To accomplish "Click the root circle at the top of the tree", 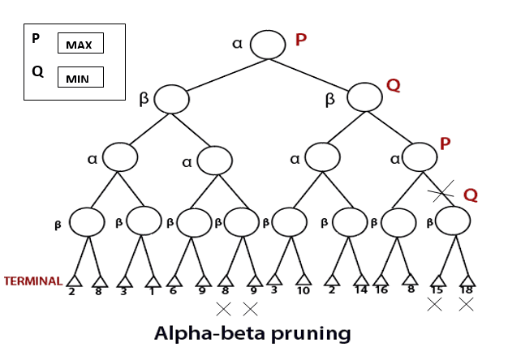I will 268,44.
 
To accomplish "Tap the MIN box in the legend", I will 80,77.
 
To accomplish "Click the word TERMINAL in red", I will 33,281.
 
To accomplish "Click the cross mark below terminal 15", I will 435,305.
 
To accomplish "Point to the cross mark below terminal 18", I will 466,305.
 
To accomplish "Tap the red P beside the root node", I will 300,39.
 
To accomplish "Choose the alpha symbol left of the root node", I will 238,42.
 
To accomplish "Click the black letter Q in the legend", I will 37,71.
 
